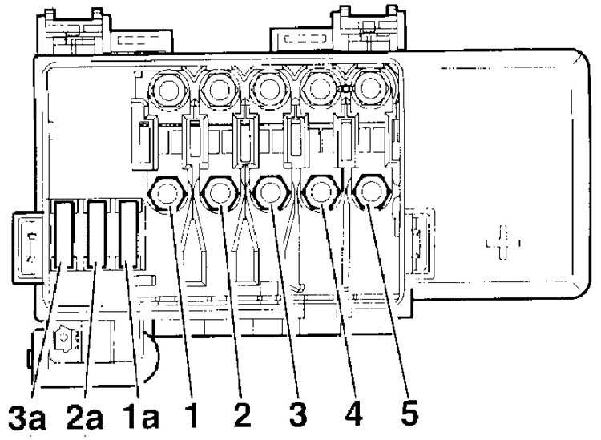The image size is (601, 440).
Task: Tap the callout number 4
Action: point(353,414)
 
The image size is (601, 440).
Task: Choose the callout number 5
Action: point(409,414)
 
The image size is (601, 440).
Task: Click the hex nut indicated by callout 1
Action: point(167,192)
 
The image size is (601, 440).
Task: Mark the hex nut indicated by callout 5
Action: point(371,192)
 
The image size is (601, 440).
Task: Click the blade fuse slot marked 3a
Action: point(63,235)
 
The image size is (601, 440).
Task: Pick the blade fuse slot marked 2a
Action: point(96,235)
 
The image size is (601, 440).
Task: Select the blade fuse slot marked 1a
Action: point(128,235)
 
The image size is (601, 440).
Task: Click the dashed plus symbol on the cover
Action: point(503,243)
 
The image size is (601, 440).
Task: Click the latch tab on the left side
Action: point(28,248)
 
